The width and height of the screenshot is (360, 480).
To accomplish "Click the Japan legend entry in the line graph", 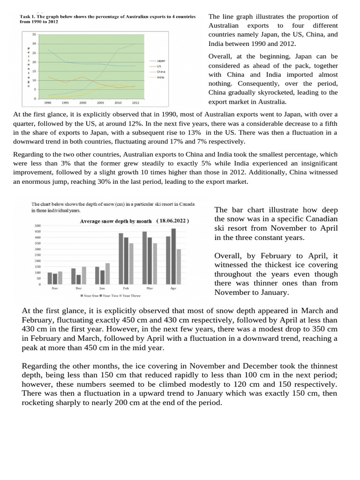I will [x=160, y=61].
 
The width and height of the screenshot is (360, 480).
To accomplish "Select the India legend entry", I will [x=160, y=77].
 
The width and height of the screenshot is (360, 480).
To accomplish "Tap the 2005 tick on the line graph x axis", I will [x=100, y=102].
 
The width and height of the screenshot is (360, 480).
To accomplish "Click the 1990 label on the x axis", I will [x=48, y=102].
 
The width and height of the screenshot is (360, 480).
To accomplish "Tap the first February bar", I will [x=121, y=258].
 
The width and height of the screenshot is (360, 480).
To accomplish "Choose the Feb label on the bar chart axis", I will [x=126, y=289].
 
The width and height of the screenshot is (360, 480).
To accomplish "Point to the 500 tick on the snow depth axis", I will [x=37, y=226].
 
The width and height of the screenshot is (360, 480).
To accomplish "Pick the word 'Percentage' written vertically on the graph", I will [x=28, y=67].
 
